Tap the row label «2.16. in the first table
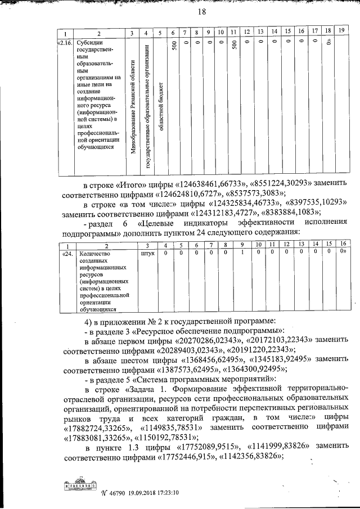click(x=65, y=42)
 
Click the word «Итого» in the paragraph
click(x=135, y=185)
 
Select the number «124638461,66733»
click(x=210, y=185)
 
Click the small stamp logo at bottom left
click(x=79, y=486)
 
